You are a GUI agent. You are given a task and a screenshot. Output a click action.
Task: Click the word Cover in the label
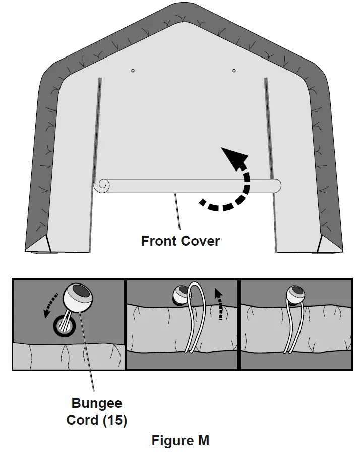coord(200,241)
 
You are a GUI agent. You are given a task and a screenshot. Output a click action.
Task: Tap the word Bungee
coord(97,404)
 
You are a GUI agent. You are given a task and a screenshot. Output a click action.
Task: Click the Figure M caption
coord(180,441)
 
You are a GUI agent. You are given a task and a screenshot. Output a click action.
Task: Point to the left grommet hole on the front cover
coord(132,71)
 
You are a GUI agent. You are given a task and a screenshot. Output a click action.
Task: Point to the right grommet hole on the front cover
coord(234,71)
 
